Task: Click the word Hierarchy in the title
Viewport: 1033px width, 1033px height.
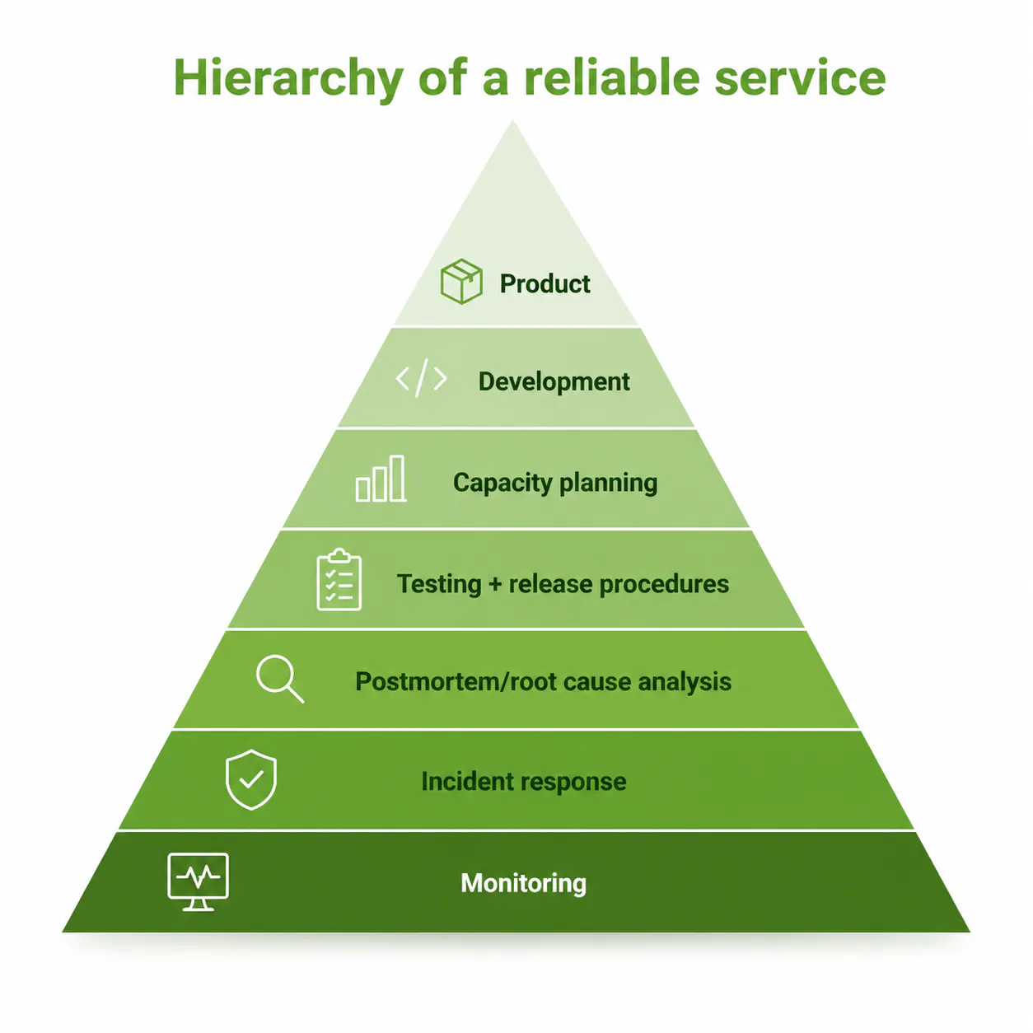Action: [287, 79]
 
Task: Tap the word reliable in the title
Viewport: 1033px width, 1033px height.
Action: [611, 79]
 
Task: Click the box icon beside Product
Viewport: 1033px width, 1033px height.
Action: [461, 282]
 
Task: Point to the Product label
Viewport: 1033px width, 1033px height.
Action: [545, 283]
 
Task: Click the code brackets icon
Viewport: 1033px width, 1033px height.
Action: [421, 379]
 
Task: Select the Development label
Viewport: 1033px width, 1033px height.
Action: [554, 381]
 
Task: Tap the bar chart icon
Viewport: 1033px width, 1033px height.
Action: [381, 479]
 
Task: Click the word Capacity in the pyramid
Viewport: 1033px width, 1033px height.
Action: [502, 483]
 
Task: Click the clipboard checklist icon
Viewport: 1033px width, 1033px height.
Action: [339, 581]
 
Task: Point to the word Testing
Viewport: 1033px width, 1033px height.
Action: [438, 584]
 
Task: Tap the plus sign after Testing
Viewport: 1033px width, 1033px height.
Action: [495, 584]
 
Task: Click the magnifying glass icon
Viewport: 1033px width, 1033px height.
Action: [279, 679]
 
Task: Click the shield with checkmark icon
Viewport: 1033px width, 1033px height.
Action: [251, 779]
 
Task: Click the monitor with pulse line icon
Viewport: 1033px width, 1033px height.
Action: [198, 881]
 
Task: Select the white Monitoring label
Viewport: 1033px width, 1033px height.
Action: [523, 883]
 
